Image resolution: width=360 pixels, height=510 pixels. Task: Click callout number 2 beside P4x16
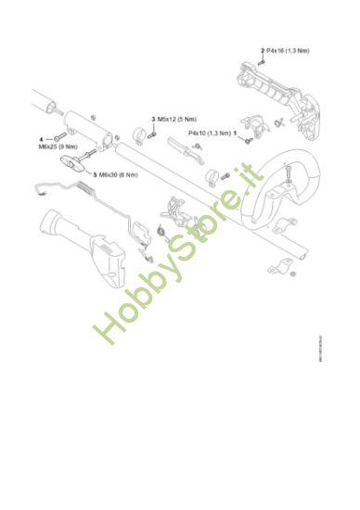263,49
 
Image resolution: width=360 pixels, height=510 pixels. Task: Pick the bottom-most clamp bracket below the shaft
276,269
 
